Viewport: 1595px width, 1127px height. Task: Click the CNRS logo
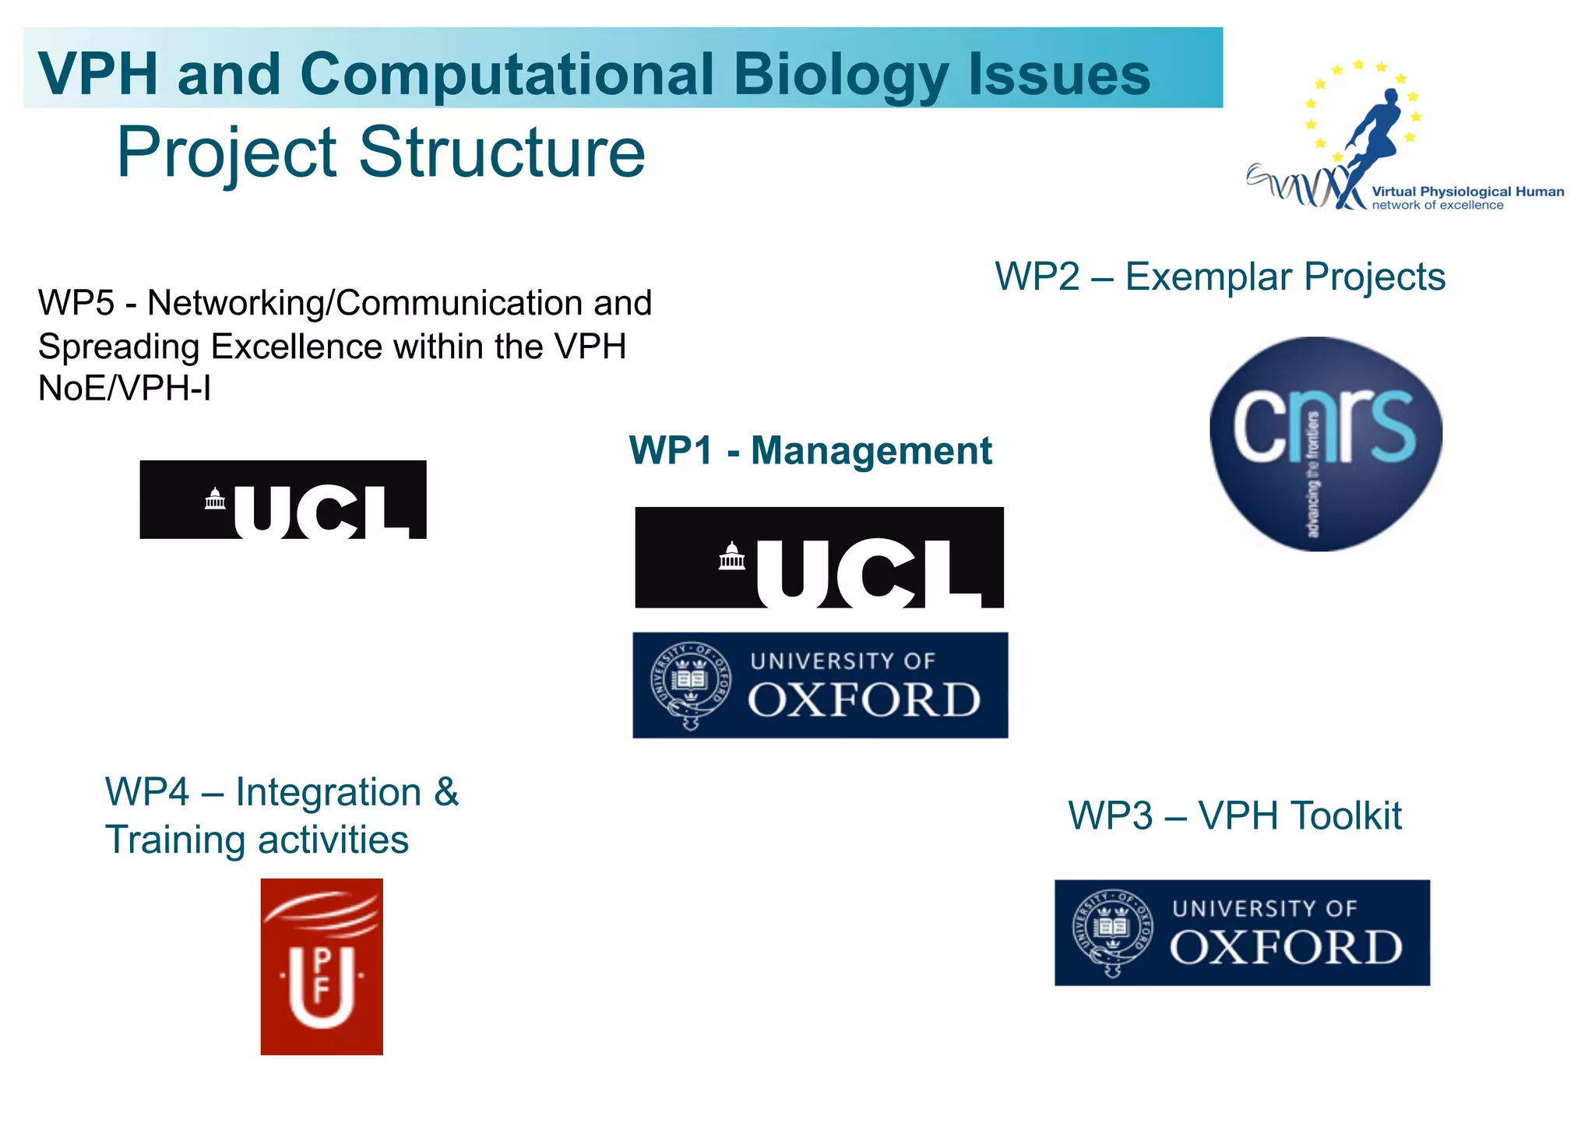(1326, 444)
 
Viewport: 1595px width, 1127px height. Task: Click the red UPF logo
(322, 967)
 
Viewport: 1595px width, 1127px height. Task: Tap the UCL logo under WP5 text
(283, 499)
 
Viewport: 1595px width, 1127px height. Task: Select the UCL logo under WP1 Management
(819, 558)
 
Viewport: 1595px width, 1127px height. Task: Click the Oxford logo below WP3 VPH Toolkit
(1242, 933)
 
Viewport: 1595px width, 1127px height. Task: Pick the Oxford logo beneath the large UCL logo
(820, 685)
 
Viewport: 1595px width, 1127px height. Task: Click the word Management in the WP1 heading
(871, 451)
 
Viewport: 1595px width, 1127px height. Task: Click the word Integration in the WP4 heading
(328, 793)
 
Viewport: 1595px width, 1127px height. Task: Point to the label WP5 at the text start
(76, 303)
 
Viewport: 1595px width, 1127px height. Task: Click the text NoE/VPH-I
(125, 389)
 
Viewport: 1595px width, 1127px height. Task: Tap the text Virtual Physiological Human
(1467, 192)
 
